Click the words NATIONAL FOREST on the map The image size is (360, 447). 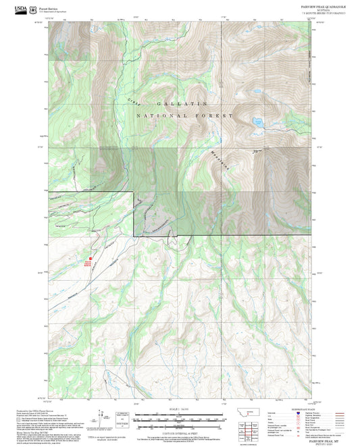[x=184, y=115]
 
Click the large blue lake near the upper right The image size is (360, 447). [x=258, y=122]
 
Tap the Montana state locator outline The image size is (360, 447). [x=253, y=413]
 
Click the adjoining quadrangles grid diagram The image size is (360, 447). [x=253, y=429]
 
